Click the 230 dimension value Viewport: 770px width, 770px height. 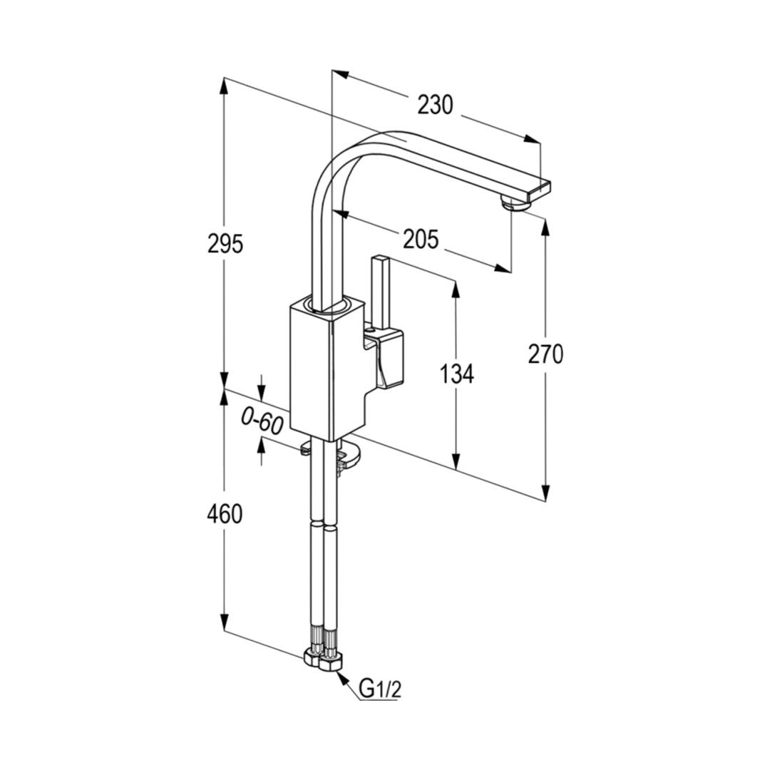tap(435, 105)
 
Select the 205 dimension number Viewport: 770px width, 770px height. tap(421, 239)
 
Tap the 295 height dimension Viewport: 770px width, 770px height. tap(225, 244)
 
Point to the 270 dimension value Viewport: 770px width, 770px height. tap(545, 354)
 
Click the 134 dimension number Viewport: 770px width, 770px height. tap(456, 374)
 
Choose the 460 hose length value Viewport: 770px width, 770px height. tap(225, 514)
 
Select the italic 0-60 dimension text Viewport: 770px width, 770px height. tap(262, 422)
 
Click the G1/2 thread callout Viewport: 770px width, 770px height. tap(380, 689)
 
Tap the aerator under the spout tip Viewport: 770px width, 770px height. tap(513, 202)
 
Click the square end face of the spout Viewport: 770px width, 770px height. tap(539, 190)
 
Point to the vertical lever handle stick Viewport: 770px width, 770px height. tap(381, 293)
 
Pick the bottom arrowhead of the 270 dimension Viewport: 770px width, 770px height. tap(545, 491)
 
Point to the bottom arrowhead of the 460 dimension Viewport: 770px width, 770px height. tap(224, 622)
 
